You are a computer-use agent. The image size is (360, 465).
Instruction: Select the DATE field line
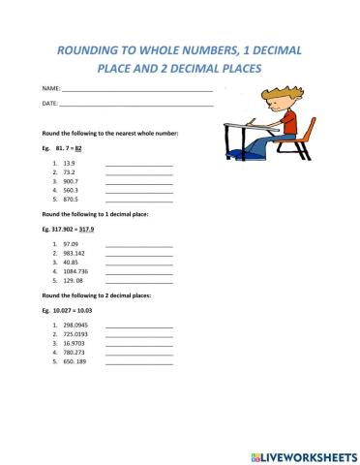[135, 104]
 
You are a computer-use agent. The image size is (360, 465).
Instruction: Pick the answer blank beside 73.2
[138, 176]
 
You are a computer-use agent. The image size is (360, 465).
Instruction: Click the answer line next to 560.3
[138, 193]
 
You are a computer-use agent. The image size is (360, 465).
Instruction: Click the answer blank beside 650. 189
[138, 363]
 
